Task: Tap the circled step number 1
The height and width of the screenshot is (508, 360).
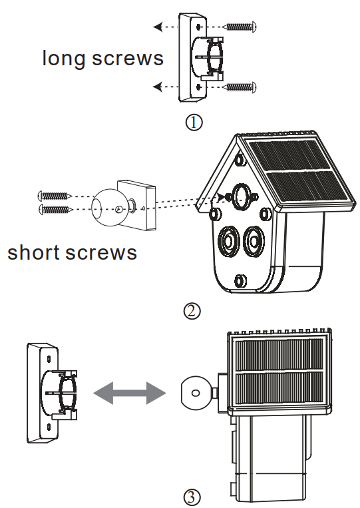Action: pos(194,123)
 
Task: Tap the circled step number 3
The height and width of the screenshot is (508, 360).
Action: pos(191,497)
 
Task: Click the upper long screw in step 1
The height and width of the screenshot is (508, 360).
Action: pos(240,26)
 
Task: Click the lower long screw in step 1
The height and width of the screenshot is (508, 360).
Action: pos(240,86)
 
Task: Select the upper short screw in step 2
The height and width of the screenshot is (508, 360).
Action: pos(55,196)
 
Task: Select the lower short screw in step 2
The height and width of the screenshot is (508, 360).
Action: pos(55,210)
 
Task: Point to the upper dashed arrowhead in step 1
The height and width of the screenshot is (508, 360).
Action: pos(157,27)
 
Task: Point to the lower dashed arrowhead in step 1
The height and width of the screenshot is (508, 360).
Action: pos(157,86)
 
